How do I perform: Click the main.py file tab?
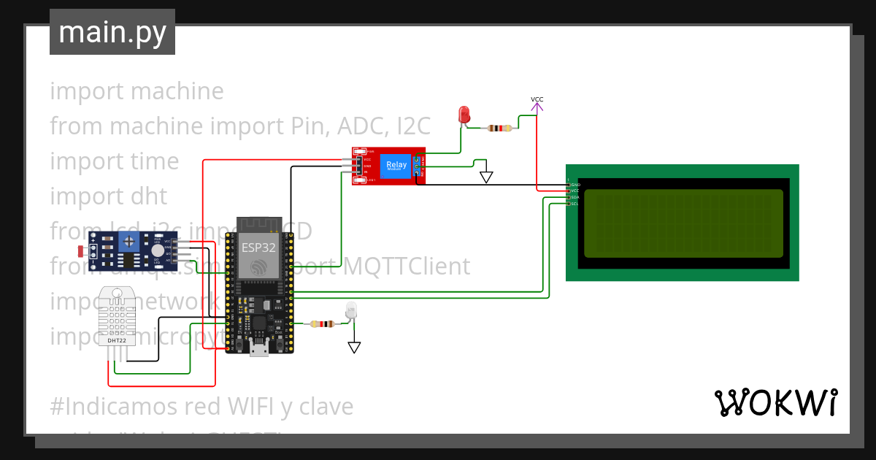(x=112, y=32)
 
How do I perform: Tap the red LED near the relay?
(x=464, y=115)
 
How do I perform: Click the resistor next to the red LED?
(x=500, y=129)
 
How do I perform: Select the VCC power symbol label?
(x=537, y=99)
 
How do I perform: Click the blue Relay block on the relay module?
(x=396, y=166)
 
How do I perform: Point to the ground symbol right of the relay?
(x=486, y=177)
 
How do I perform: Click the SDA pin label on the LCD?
(x=575, y=198)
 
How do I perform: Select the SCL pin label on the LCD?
(x=575, y=204)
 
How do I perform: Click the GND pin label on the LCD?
(x=575, y=185)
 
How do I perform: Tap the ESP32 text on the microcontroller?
(x=259, y=248)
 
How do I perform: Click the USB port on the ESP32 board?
(x=258, y=349)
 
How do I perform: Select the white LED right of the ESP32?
(x=351, y=311)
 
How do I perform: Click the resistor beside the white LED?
(x=320, y=324)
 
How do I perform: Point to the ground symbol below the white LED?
(x=354, y=347)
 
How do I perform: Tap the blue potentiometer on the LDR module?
(x=130, y=240)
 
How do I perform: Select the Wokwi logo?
(x=775, y=402)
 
